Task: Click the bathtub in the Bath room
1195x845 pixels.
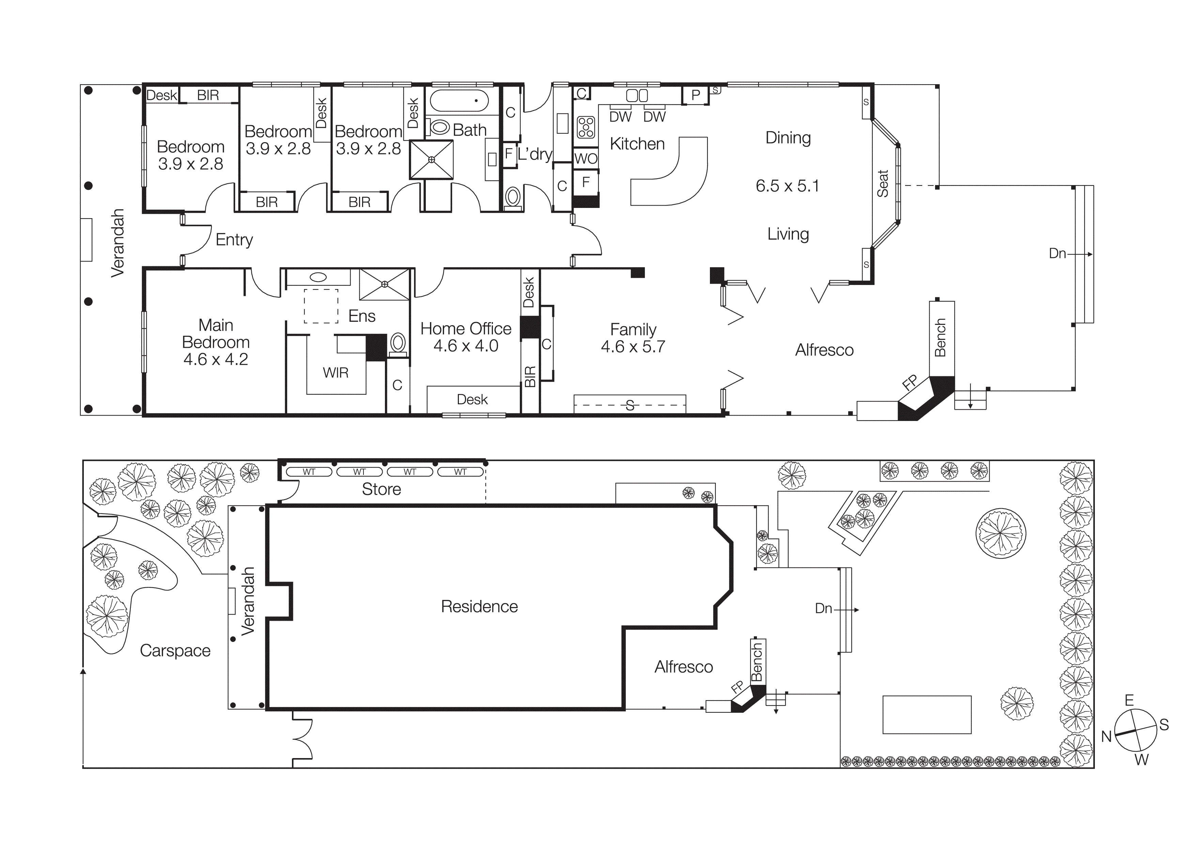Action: [x=459, y=101]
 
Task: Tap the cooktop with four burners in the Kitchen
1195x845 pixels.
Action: [x=586, y=127]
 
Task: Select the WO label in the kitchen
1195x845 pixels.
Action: [x=586, y=159]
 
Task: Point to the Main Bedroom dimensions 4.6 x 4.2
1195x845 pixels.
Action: [x=216, y=359]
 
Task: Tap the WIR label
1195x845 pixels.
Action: [x=335, y=373]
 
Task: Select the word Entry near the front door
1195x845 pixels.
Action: [x=234, y=240]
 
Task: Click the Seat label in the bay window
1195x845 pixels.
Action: [x=883, y=183]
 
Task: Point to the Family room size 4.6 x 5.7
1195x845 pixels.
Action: [x=633, y=347]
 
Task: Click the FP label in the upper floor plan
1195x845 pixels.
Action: [x=909, y=383]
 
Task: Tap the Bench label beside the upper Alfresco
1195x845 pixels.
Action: [x=940, y=338]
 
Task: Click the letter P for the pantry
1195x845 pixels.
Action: [x=695, y=95]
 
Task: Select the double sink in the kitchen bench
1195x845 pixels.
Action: [x=637, y=95]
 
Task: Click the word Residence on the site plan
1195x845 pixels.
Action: [x=479, y=606]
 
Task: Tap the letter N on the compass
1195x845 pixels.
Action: [x=1106, y=737]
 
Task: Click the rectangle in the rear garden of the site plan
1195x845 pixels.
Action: [x=927, y=714]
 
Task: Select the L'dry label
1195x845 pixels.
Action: [x=534, y=154]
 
